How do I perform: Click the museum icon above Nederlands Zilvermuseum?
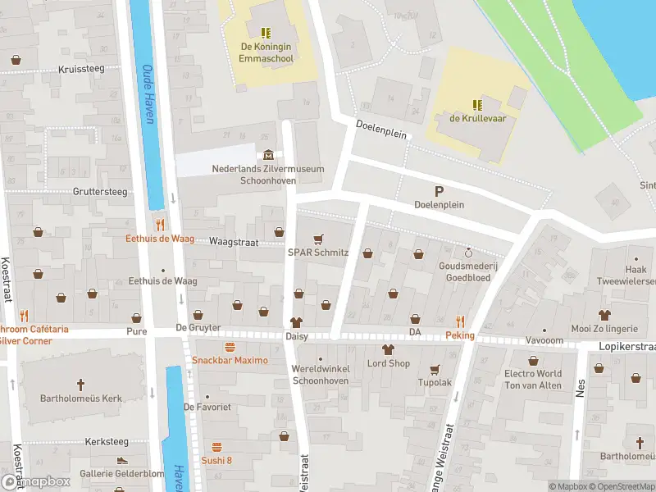click(268, 155)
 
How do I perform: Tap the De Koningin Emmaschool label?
click(266, 52)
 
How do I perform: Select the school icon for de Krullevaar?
click(477, 104)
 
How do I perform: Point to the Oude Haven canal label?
click(148, 93)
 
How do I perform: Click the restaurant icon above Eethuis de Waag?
click(161, 224)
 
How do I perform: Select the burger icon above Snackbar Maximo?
click(230, 347)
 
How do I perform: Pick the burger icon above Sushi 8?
click(216, 447)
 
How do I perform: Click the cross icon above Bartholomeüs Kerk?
click(80, 384)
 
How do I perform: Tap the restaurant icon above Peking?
click(460, 321)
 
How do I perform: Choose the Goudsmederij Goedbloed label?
click(468, 271)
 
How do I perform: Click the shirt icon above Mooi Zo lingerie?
click(604, 315)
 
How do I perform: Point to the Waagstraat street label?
click(234, 242)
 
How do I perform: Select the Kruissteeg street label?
click(81, 69)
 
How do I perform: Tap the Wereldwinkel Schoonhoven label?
click(321, 375)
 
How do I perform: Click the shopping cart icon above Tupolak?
click(435, 369)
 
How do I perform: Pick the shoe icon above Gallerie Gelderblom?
click(121, 461)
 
